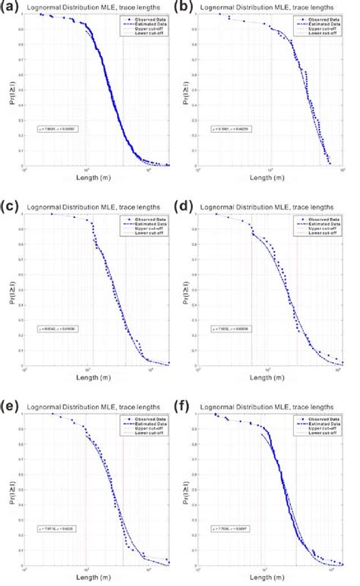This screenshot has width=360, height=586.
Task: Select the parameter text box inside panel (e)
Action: coord(63,525)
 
